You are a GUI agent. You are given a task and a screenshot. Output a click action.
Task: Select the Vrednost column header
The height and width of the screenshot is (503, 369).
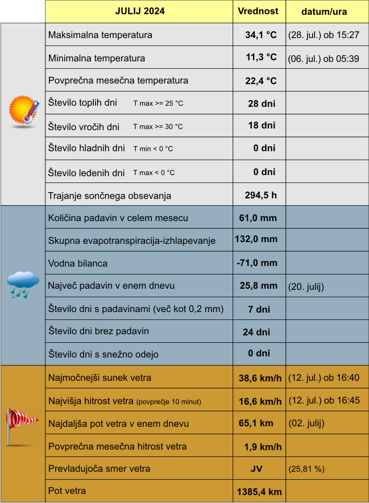(258, 11)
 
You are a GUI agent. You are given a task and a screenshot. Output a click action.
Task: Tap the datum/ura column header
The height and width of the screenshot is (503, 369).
(324, 12)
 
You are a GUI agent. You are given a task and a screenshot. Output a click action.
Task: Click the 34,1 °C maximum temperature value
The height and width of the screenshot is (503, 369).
(260, 35)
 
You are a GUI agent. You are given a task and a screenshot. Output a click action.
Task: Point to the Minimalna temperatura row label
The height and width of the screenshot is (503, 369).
(97, 58)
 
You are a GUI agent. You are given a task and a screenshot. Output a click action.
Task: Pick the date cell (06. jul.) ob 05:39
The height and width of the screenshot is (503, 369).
(324, 58)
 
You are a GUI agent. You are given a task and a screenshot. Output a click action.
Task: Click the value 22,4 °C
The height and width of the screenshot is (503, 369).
(260, 81)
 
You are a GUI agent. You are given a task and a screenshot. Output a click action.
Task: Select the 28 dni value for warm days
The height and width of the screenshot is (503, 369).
(262, 103)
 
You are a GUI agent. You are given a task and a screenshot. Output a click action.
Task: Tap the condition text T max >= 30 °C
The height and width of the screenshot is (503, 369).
(158, 127)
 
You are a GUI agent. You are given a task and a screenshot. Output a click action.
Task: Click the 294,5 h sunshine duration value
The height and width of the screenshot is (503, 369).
(260, 196)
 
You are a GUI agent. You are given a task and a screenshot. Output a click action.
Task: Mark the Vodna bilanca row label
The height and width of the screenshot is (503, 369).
(78, 263)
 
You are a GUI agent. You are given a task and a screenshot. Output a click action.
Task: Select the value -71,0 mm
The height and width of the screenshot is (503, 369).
(257, 263)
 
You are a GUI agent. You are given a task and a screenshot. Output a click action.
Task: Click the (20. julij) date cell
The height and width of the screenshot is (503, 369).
(306, 286)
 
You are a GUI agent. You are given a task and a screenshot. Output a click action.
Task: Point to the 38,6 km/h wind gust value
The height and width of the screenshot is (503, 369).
(260, 378)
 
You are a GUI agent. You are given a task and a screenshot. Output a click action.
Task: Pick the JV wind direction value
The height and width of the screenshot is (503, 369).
(256, 469)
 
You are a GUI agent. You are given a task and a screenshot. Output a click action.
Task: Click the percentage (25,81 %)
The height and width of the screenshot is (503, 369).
(306, 469)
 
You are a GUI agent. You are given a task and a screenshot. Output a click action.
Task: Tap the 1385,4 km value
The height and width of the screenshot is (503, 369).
(259, 492)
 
